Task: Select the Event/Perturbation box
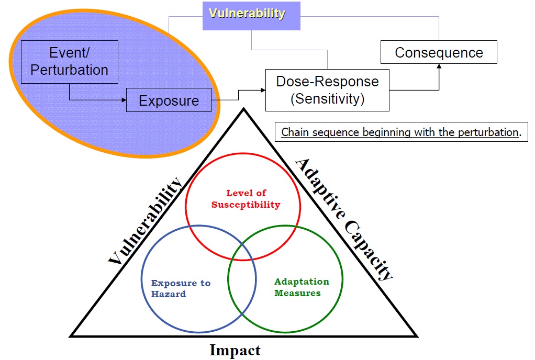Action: click(x=70, y=61)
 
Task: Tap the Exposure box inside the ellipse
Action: click(x=169, y=100)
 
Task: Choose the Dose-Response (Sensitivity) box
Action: click(x=327, y=90)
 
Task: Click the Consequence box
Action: click(x=439, y=53)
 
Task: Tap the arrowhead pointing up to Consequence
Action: click(x=439, y=67)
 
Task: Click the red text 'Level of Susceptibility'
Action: click(x=246, y=199)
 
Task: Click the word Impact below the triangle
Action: click(x=235, y=350)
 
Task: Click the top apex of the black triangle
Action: click(x=243, y=109)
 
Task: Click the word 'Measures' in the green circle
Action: click(x=297, y=293)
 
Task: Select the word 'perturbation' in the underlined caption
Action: click(x=488, y=132)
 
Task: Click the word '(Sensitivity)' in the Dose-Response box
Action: click(x=327, y=98)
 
